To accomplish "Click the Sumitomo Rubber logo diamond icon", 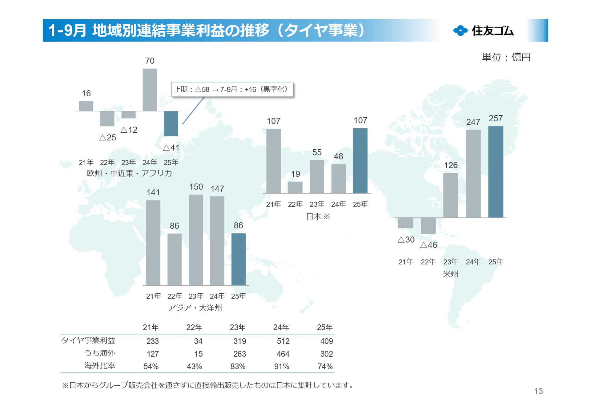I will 460,30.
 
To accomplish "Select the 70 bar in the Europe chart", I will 150,90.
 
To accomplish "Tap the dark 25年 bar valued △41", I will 171,123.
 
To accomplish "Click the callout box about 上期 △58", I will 232,89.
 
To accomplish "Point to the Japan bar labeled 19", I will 295,187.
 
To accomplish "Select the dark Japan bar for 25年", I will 360,161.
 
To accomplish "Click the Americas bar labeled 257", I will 496,172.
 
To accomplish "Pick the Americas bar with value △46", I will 428,225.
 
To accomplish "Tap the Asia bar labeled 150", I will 196,240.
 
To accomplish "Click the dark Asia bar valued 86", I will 238,259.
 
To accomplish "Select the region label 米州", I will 450,274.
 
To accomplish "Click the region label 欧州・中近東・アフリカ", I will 129,173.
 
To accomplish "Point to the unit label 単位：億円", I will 506,57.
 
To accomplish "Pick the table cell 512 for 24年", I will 283,341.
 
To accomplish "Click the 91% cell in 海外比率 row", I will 282,366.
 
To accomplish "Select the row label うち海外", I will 99,353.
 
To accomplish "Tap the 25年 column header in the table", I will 325,327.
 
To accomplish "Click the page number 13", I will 538,391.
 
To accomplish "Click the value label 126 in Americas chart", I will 451,165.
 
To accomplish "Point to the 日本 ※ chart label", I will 318,216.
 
